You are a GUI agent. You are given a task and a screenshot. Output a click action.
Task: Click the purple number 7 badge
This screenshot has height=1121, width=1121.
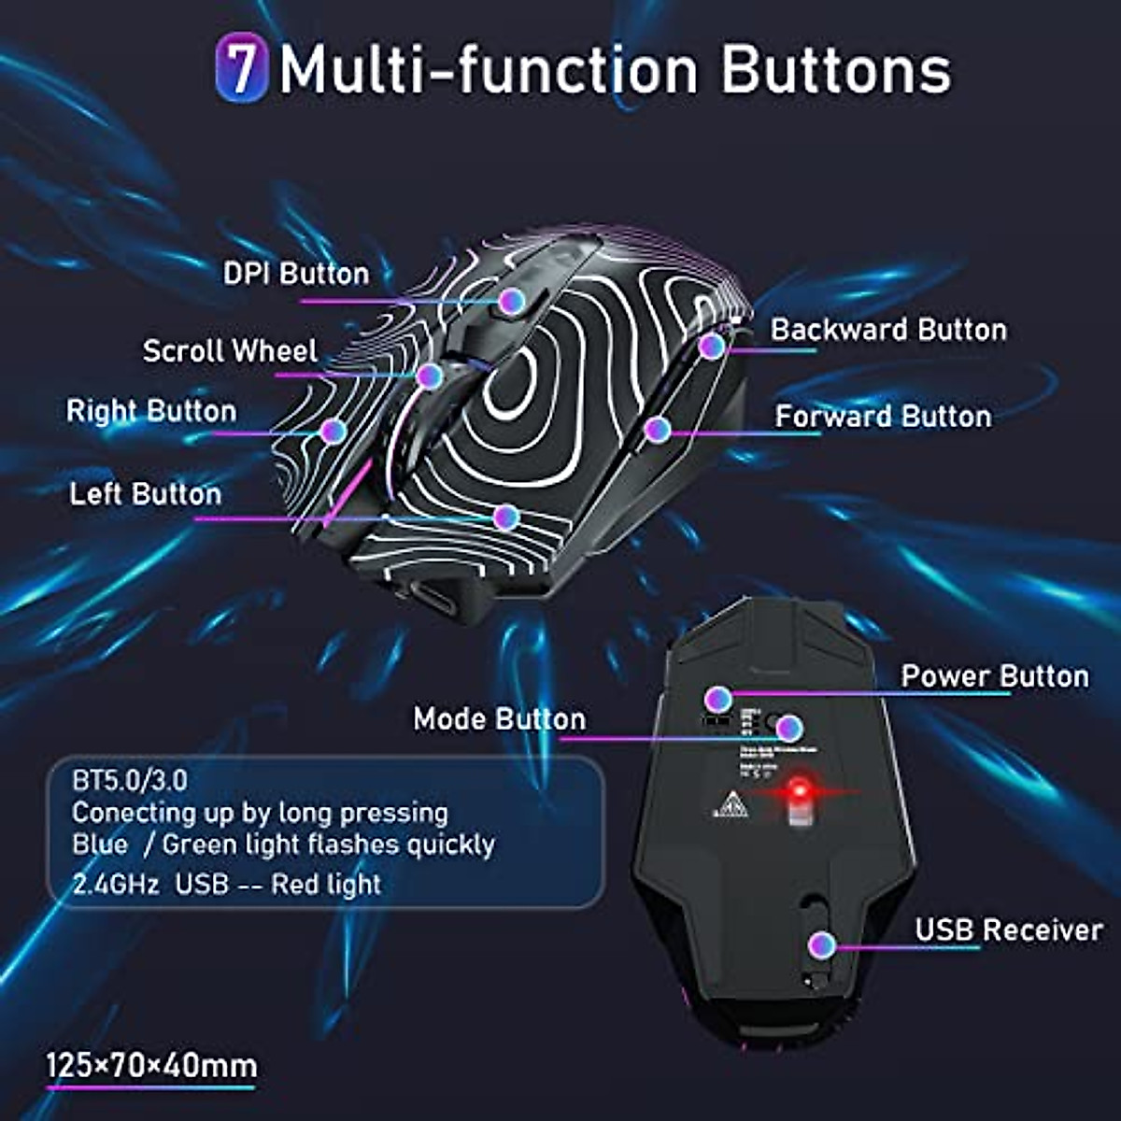coord(241,68)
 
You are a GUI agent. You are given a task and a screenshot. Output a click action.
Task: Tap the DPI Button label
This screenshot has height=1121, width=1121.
coord(296,274)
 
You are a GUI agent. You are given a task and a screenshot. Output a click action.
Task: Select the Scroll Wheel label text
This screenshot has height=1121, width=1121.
coord(230,351)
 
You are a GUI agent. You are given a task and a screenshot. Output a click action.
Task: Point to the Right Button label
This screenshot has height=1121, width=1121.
coord(151,411)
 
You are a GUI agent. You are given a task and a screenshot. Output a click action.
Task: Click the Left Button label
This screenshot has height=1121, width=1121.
coord(146,494)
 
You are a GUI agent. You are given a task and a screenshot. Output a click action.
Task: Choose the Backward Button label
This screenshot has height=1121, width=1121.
coord(888,330)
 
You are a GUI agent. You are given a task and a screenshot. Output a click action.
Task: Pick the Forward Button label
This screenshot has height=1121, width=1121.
coord(883,416)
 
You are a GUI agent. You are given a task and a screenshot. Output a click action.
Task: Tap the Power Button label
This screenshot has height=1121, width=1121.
coord(994,676)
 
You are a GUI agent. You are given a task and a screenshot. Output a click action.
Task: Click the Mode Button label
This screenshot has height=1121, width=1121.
coord(500,718)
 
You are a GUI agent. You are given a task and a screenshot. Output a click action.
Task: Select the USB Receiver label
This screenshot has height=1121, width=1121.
coord(1009,929)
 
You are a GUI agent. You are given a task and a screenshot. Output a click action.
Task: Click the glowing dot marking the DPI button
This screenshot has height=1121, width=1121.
coord(510,300)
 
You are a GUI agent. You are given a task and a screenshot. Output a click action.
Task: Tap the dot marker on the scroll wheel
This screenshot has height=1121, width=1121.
coord(429,376)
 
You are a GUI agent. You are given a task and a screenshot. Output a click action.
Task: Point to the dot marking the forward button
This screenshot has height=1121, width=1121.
coord(658,430)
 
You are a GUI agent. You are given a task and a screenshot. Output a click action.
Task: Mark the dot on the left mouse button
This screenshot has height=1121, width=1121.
coord(505,517)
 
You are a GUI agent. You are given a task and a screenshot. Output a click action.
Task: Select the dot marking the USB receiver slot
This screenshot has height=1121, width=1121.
coord(822,944)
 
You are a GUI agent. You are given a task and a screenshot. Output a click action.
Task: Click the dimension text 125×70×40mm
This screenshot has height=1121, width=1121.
coord(151,1066)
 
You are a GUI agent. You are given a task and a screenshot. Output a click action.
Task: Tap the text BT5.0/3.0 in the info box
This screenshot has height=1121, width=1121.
coord(129,780)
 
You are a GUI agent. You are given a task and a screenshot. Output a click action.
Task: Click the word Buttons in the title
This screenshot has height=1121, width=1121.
coord(836,70)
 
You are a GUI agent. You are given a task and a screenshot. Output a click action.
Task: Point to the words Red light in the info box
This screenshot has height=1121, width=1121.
coord(326,884)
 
